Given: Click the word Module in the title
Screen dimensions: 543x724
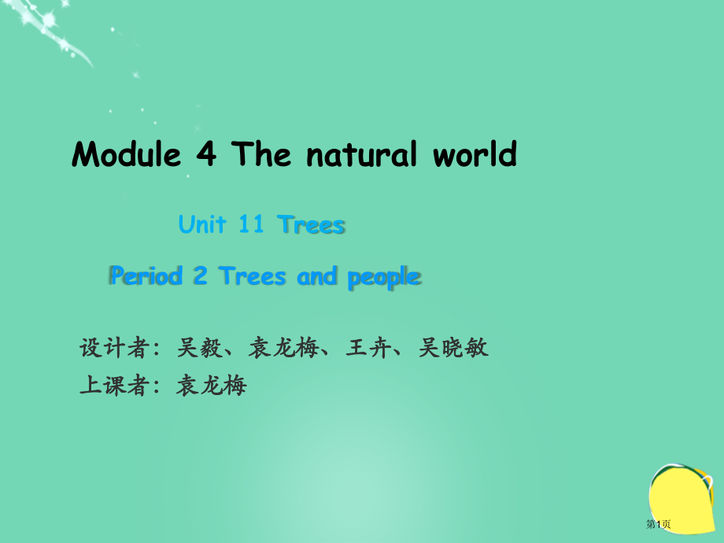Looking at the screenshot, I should pos(127,155).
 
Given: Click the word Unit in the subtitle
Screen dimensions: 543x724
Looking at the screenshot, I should pos(202,225).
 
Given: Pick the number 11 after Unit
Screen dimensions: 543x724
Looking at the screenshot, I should pos(251,225).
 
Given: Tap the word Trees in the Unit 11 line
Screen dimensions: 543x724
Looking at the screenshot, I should pos(312,225).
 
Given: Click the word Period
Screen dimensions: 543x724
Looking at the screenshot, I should pos(146,276).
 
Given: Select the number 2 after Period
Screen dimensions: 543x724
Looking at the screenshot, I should pos(200,276).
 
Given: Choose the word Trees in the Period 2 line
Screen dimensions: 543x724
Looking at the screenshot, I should pos(253,276).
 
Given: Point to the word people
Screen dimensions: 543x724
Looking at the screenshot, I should pos(384,277).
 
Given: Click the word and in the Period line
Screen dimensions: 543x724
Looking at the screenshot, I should pos(317,276).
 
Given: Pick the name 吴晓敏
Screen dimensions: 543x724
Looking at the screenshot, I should pos(454,347).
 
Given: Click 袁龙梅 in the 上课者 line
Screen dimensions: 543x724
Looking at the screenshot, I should pos(212,386).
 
